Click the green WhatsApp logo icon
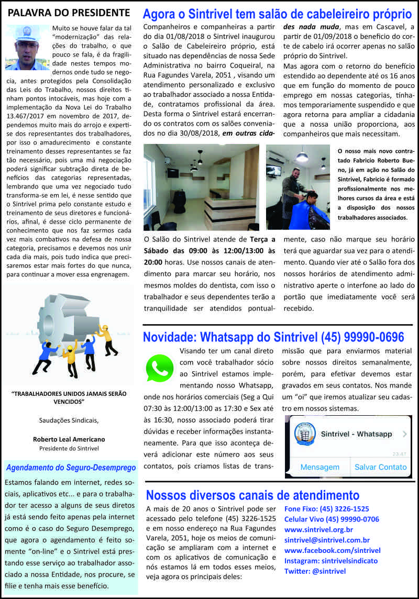coord(159,368)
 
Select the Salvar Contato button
coord(380,467)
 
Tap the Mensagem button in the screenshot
coord(319,467)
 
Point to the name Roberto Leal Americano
coord(69,439)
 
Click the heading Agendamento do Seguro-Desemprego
coord(71,467)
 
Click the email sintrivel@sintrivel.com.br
coord(327,540)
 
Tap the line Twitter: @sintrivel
coord(315,571)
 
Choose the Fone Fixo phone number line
coord(326,509)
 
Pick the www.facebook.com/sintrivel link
coord(332,550)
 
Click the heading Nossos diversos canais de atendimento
coord(252,495)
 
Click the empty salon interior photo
coord(201,187)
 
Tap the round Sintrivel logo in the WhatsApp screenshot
coord(306,435)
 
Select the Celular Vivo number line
coord(332,519)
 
